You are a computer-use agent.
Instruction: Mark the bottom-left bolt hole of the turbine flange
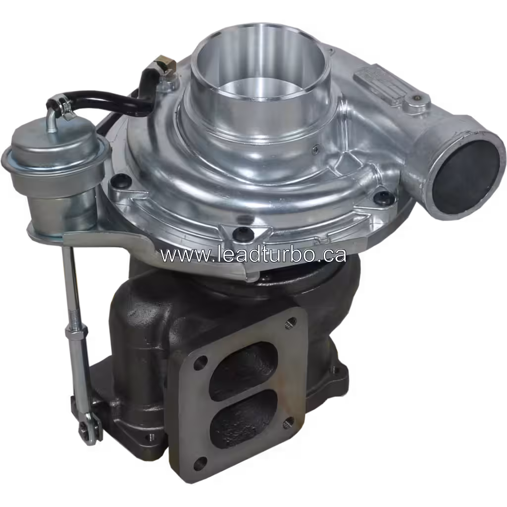(200, 463)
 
